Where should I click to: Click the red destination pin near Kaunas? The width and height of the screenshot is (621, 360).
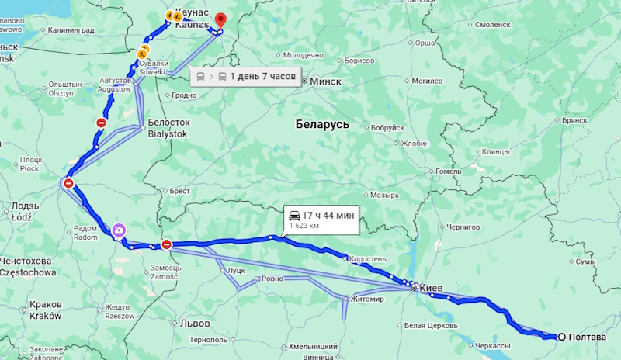[x=220, y=20]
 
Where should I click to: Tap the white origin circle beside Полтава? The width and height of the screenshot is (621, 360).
[x=560, y=337]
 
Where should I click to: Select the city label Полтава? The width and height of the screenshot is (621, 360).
[x=588, y=337]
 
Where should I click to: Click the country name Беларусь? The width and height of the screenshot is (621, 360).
[x=322, y=124]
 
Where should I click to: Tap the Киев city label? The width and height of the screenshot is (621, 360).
[x=431, y=288]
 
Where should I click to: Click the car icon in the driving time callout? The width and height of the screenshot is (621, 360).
[x=295, y=215]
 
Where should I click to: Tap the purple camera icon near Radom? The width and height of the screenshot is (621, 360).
[x=118, y=230]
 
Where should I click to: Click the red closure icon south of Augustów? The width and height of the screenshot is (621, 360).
[x=101, y=123]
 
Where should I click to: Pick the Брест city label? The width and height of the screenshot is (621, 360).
[x=180, y=190]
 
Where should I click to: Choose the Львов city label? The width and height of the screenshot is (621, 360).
[x=193, y=322]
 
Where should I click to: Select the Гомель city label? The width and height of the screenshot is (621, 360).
[x=449, y=171]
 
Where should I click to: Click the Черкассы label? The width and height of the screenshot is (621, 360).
[x=492, y=345]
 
